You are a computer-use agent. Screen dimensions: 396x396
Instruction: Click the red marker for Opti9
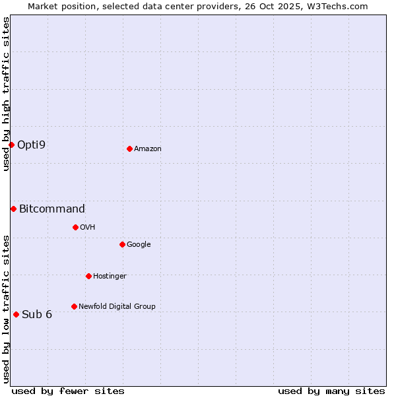(x=11, y=145)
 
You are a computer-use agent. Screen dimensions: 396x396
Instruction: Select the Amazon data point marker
(x=129, y=148)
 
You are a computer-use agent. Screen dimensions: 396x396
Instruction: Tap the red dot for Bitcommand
(x=13, y=209)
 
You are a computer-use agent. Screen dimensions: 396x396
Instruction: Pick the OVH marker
(x=75, y=227)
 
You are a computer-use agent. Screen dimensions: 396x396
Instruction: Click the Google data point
(x=122, y=244)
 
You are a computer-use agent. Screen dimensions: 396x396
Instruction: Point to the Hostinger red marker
(x=88, y=276)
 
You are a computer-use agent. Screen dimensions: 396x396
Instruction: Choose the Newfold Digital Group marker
(x=74, y=306)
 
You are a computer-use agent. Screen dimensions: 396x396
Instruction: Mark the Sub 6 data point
(x=16, y=314)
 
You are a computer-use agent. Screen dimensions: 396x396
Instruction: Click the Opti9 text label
(x=31, y=145)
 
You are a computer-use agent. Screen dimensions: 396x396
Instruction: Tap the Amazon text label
(x=148, y=148)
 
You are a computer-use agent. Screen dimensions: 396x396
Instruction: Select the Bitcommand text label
(x=52, y=209)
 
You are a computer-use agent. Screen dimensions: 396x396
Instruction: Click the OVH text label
(x=88, y=227)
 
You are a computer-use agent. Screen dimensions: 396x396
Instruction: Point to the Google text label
(x=139, y=244)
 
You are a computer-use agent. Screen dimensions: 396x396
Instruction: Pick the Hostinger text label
(x=110, y=276)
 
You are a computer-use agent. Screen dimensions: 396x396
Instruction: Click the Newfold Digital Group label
(x=117, y=306)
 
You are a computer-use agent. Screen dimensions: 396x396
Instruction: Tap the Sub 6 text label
(x=37, y=314)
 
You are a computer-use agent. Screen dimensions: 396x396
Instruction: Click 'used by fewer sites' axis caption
(x=68, y=391)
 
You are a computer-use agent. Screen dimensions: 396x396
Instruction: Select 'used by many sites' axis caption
(x=331, y=391)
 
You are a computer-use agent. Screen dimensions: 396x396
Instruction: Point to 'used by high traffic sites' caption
(x=6, y=94)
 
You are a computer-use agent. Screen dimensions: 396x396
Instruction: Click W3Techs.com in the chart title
(x=336, y=6)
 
